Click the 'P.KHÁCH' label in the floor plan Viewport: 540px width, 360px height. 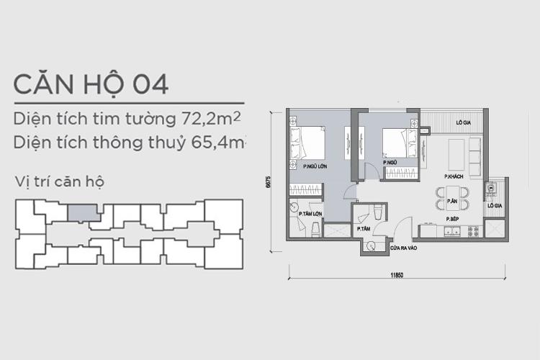(x=452, y=176)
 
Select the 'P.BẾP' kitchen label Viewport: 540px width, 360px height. (x=452, y=218)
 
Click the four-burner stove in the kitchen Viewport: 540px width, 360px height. (x=473, y=232)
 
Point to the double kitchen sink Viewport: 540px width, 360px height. (x=451, y=231)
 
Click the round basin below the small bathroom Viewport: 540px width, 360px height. (x=371, y=245)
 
